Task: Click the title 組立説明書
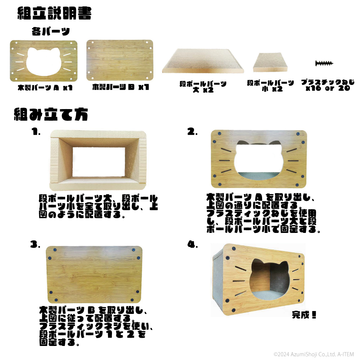point(55,13)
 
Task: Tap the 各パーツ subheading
point(51,31)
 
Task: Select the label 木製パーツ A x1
point(45,87)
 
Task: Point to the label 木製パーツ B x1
point(121,87)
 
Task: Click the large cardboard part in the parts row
point(203,61)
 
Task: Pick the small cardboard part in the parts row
point(270,62)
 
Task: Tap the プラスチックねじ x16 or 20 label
point(328,85)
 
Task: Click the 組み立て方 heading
point(51,114)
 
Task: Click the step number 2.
point(192,132)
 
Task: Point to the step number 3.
point(35,244)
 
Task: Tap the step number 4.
point(192,244)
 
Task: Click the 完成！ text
point(304,315)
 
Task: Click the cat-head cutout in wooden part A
point(44,62)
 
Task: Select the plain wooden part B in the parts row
point(120,60)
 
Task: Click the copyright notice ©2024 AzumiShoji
point(314,354)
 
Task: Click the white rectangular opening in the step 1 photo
point(99,162)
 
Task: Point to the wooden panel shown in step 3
point(94,275)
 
